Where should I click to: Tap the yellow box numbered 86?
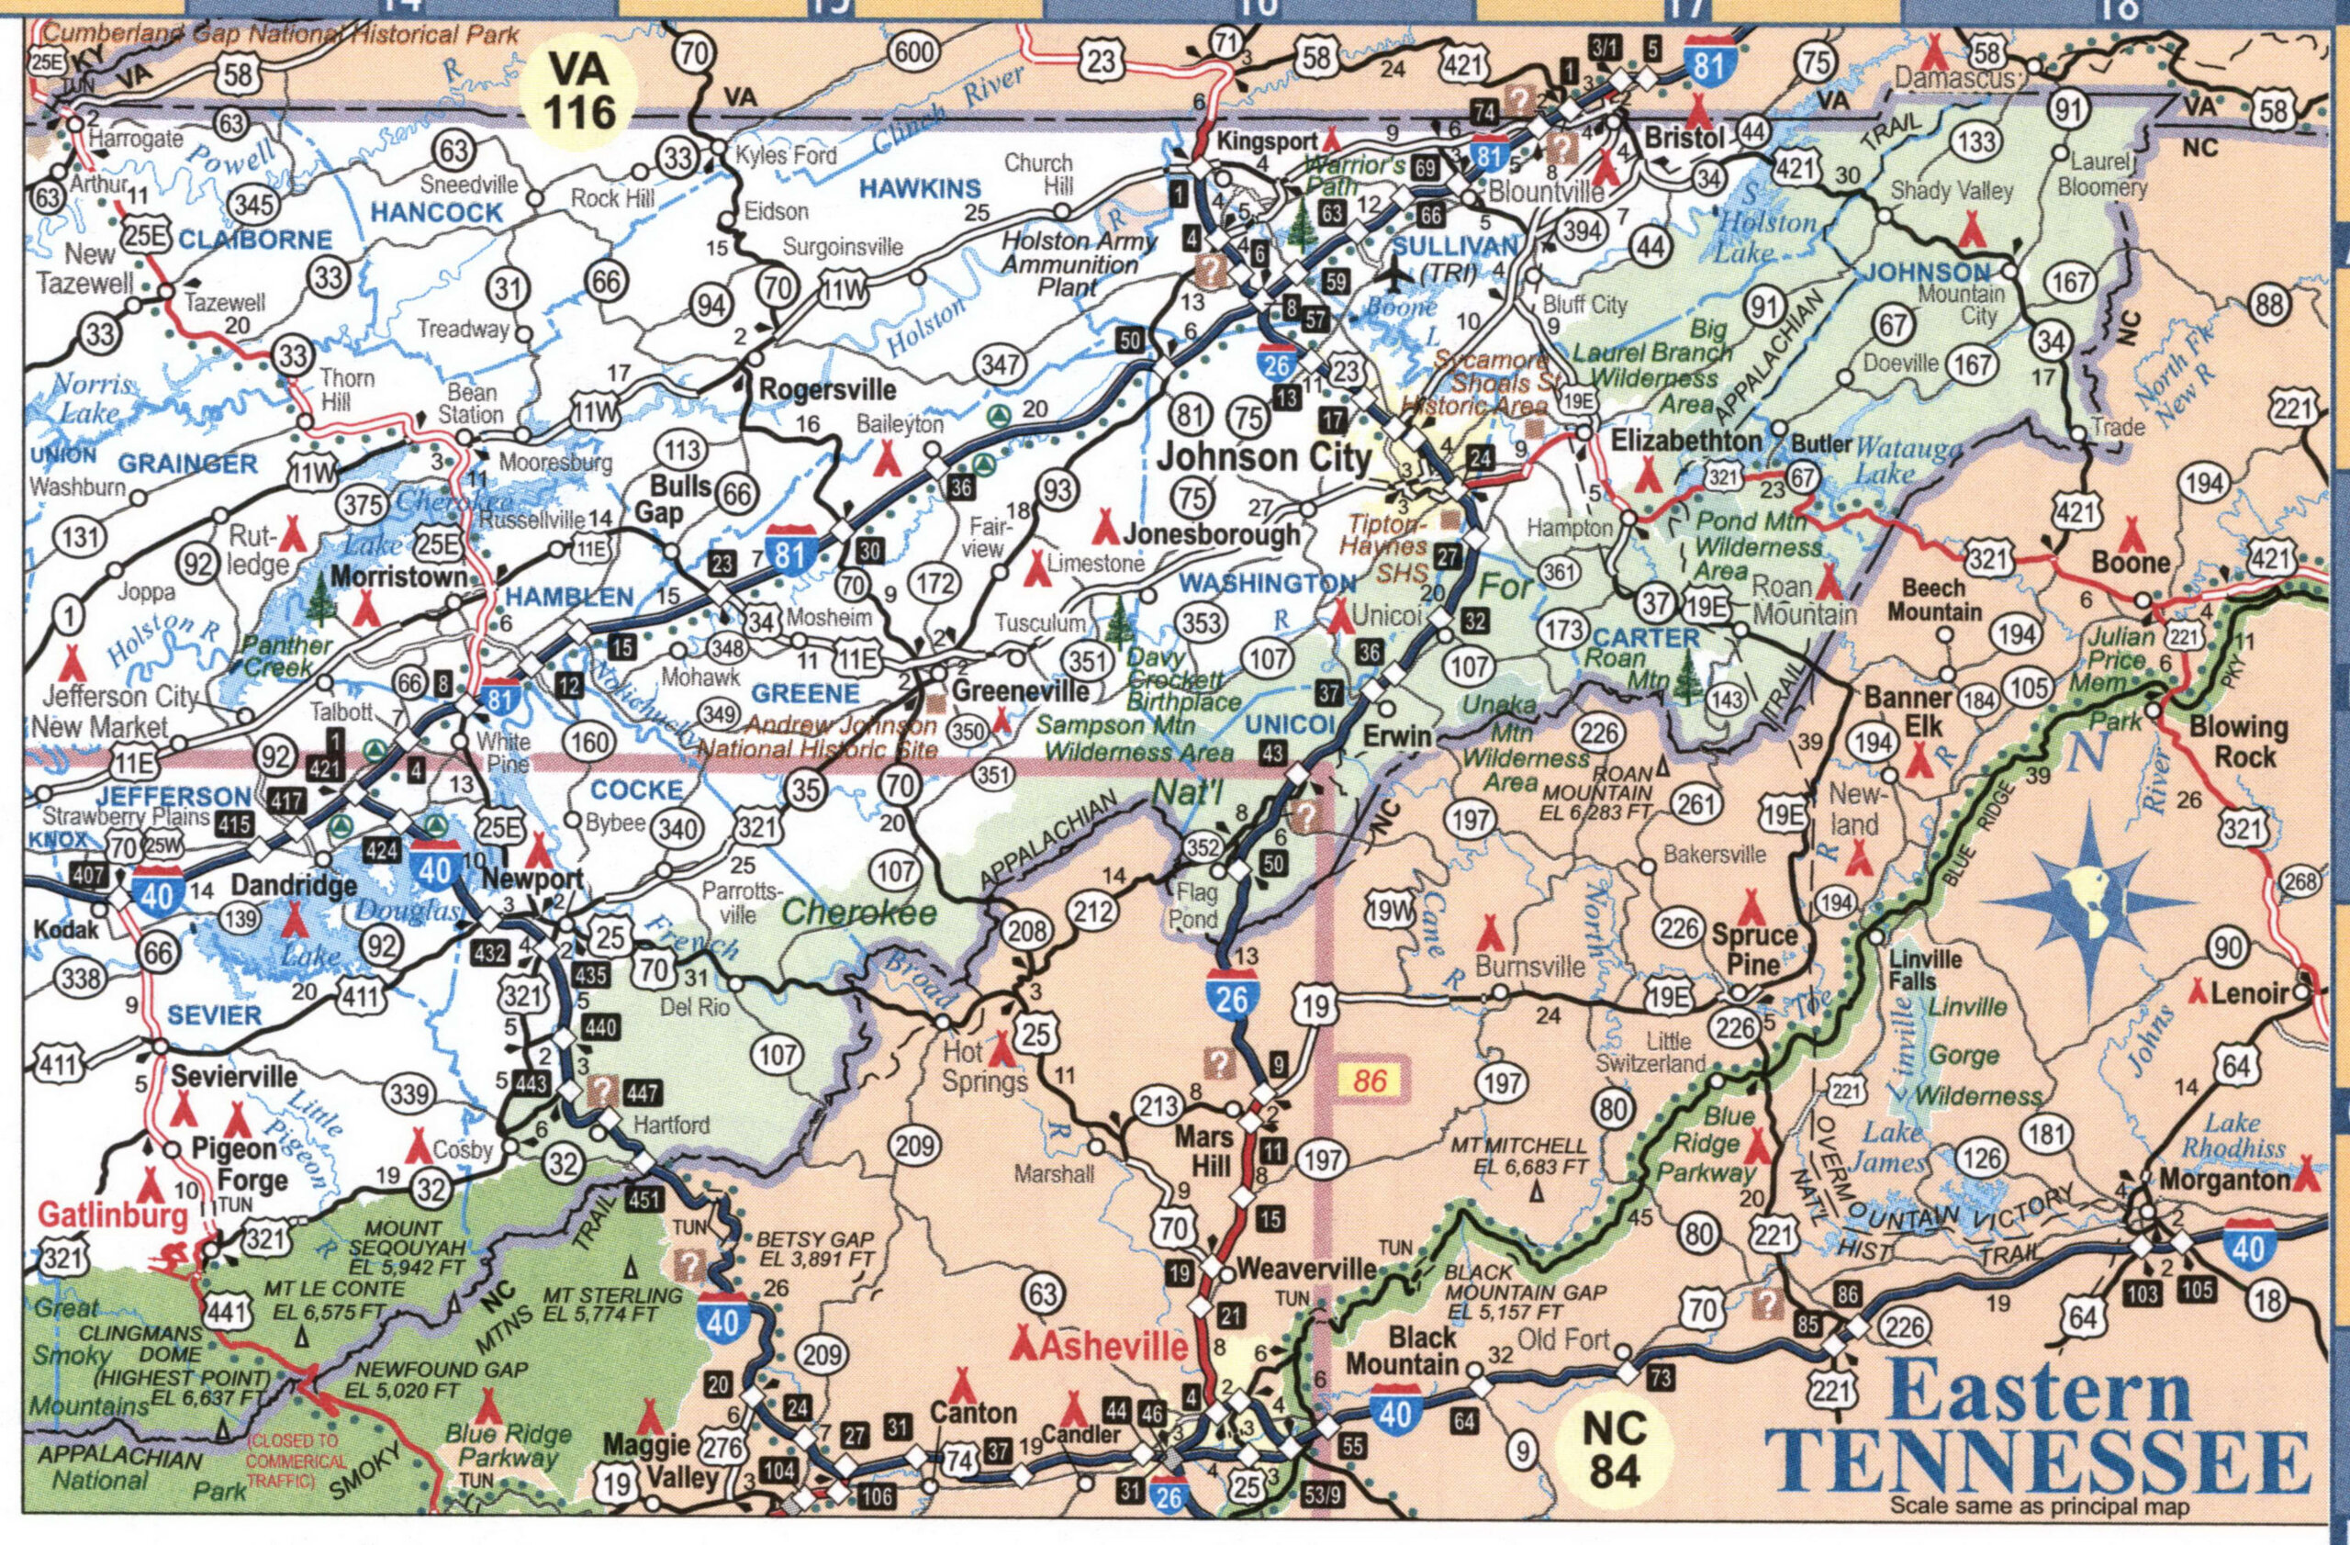point(1371,1081)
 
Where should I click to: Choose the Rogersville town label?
point(826,390)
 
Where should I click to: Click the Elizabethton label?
point(1685,442)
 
